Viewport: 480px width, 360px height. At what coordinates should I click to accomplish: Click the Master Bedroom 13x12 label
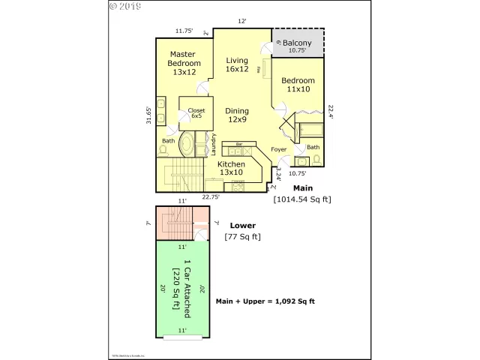pyautogui.click(x=182, y=63)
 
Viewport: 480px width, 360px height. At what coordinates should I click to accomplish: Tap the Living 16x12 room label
pyautogui.click(x=237, y=64)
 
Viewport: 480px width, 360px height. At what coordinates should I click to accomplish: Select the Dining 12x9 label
pyautogui.click(x=237, y=115)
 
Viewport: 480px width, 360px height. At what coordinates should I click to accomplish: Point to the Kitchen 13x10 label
pyautogui.click(x=231, y=168)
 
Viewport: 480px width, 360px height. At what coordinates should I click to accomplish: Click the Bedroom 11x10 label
pyautogui.click(x=298, y=84)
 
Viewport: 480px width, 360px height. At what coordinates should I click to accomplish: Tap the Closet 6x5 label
pyautogui.click(x=196, y=113)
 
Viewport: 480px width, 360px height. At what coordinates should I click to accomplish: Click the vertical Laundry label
pyautogui.click(x=214, y=143)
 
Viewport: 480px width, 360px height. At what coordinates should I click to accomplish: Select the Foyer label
pyautogui.click(x=279, y=149)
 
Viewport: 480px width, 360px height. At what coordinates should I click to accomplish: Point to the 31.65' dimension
pyautogui.click(x=149, y=118)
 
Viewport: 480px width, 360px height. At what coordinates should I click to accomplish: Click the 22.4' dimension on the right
pyautogui.click(x=331, y=110)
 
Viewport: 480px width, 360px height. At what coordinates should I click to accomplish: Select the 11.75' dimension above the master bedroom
pyautogui.click(x=184, y=31)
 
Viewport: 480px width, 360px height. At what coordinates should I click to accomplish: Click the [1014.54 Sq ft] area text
pyautogui.click(x=301, y=199)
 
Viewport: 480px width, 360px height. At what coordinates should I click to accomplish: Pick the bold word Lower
pyautogui.click(x=242, y=225)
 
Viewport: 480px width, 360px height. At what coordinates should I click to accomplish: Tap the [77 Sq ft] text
pyautogui.click(x=242, y=237)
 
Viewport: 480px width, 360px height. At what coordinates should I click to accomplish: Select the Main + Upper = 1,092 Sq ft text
pyautogui.click(x=265, y=301)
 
